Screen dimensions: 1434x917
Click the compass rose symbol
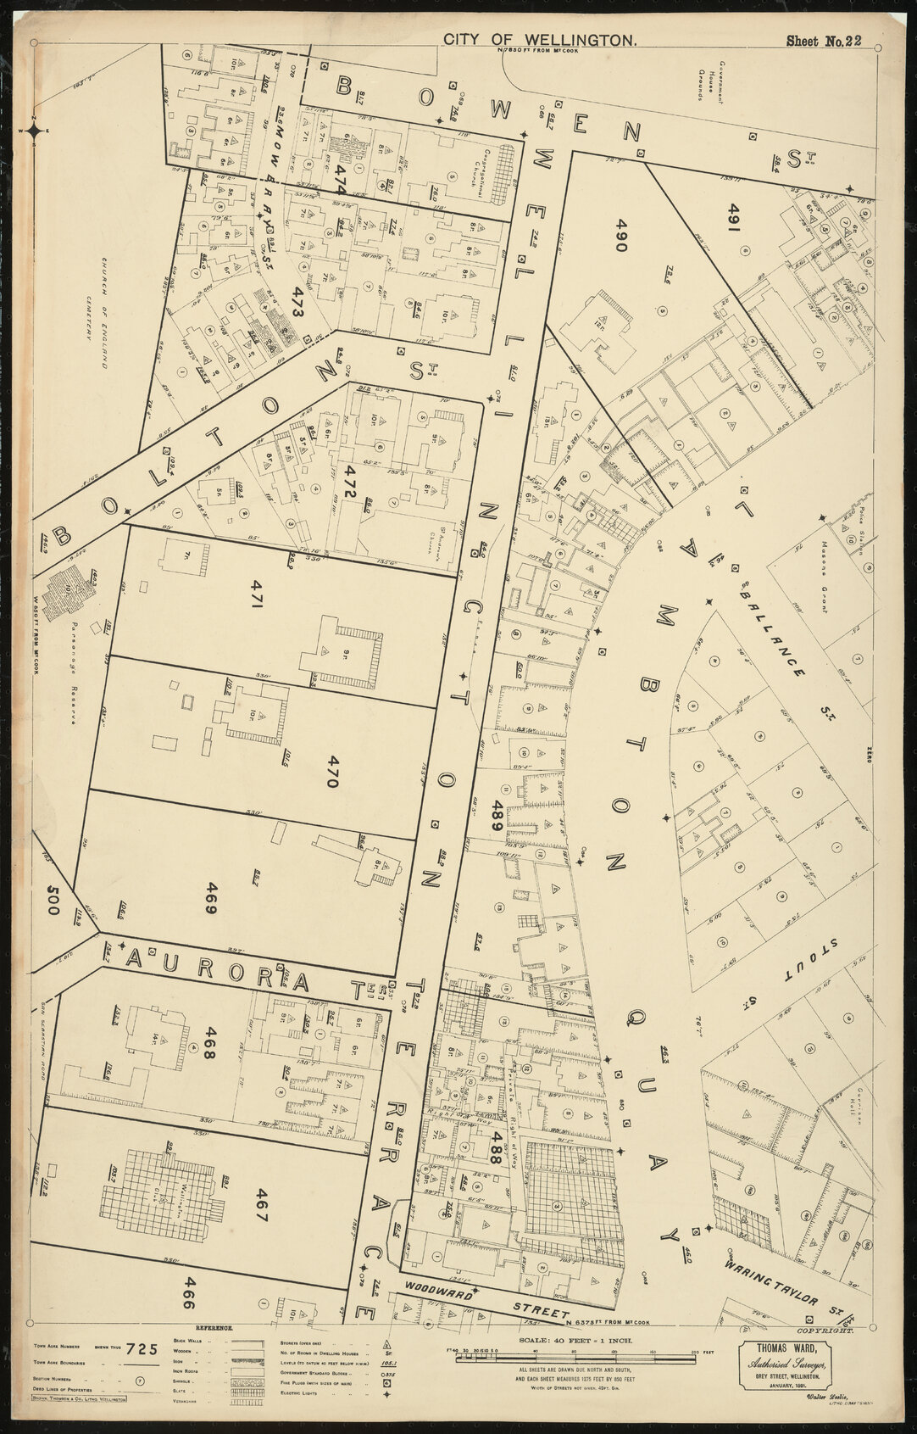tap(35, 130)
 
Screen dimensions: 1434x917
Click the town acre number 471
tap(258, 595)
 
